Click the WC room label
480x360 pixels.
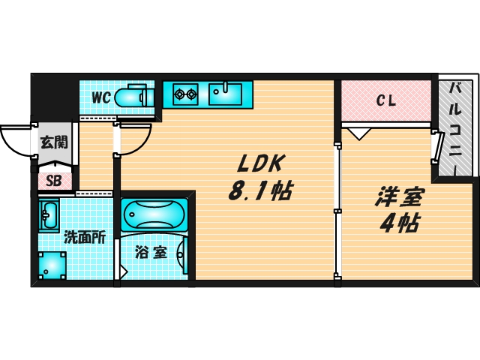pos(102,97)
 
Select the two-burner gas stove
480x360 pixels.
pos(184,94)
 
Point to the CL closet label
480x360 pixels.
pos(387,99)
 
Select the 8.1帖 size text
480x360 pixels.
pos(259,191)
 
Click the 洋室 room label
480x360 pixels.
pos(399,198)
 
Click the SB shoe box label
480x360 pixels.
pos(54,180)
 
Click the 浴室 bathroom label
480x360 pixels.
pos(151,252)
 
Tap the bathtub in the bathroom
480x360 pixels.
pos(155,215)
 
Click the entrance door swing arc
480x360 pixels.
pos(15,140)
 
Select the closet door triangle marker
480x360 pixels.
pos(358,133)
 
